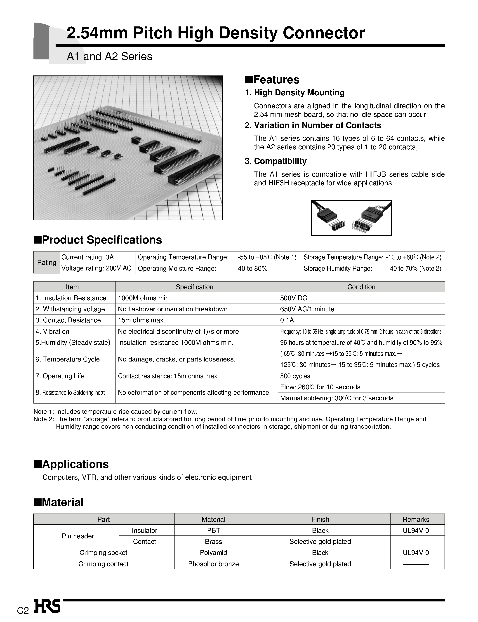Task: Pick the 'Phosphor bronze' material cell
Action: (x=213, y=564)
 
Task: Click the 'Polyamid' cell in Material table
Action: (x=213, y=552)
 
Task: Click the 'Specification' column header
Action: (x=194, y=287)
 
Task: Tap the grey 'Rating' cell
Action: (x=47, y=262)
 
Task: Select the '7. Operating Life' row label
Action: (x=60, y=376)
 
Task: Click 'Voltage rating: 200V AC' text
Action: (x=96, y=268)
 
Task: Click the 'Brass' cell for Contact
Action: (x=213, y=541)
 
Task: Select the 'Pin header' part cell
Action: (x=78, y=536)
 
